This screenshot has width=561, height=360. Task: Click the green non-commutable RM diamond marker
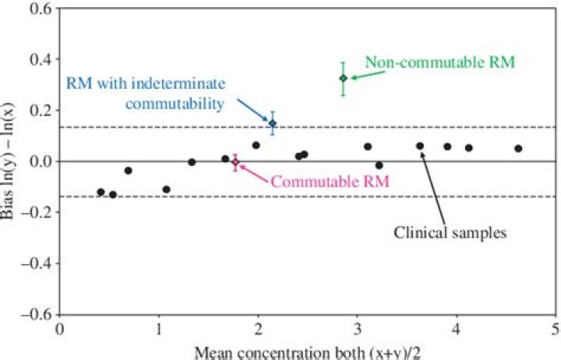click(x=343, y=78)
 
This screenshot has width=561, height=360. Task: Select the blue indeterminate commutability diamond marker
click(x=272, y=123)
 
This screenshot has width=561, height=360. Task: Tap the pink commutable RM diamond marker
click(x=235, y=163)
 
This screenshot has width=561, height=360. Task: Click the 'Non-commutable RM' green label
click(x=439, y=62)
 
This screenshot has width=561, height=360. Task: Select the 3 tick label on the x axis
click(x=357, y=329)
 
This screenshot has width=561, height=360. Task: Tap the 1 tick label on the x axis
click(x=159, y=329)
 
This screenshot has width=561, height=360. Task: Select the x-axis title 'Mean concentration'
click(x=312, y=352)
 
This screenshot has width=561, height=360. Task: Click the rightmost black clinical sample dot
click(x=518, y=148)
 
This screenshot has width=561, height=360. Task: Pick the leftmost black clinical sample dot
click(x=101, y=192)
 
